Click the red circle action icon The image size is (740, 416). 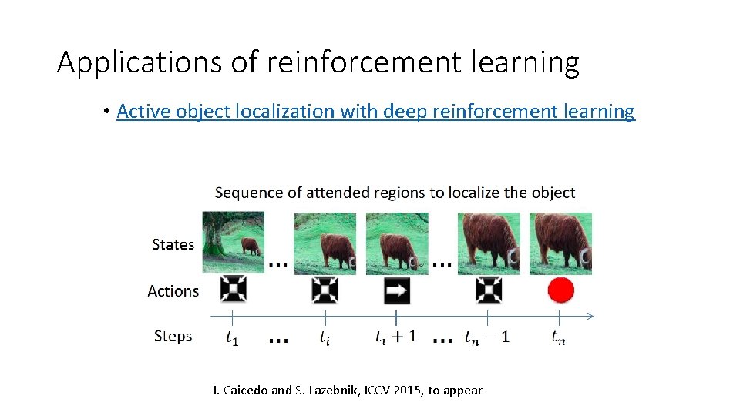click(x=560, y=290)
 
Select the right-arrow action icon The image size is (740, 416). click(x=397, y=290)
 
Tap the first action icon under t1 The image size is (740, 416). click(x=233, y=290)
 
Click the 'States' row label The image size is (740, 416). click(x=173, y=244)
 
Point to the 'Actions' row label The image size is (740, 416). click(x=173, y=291)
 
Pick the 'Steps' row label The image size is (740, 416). click(x=173, y=336)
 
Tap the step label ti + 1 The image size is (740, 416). click(x=395, y=337)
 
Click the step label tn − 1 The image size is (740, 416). click(x=486, y=337)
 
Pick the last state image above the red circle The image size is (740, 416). click(x=560, y=243)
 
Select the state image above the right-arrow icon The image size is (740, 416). click(x=397, y=243)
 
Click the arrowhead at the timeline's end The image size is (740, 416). click(x=591, y=316)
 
